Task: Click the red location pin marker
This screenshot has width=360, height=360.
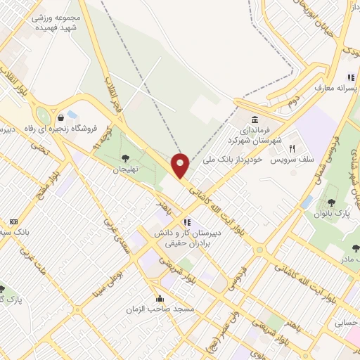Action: click(x=181, y=165)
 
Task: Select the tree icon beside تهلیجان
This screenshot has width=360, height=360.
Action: click(x=126, y=158)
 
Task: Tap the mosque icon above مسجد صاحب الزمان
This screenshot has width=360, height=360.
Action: click(x=160, y=297)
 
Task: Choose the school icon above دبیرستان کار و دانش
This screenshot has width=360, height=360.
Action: click(x=186, y=222)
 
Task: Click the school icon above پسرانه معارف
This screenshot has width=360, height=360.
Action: click(x=350, y=78)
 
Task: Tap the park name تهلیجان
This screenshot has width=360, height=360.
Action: click(x=128, y=170)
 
